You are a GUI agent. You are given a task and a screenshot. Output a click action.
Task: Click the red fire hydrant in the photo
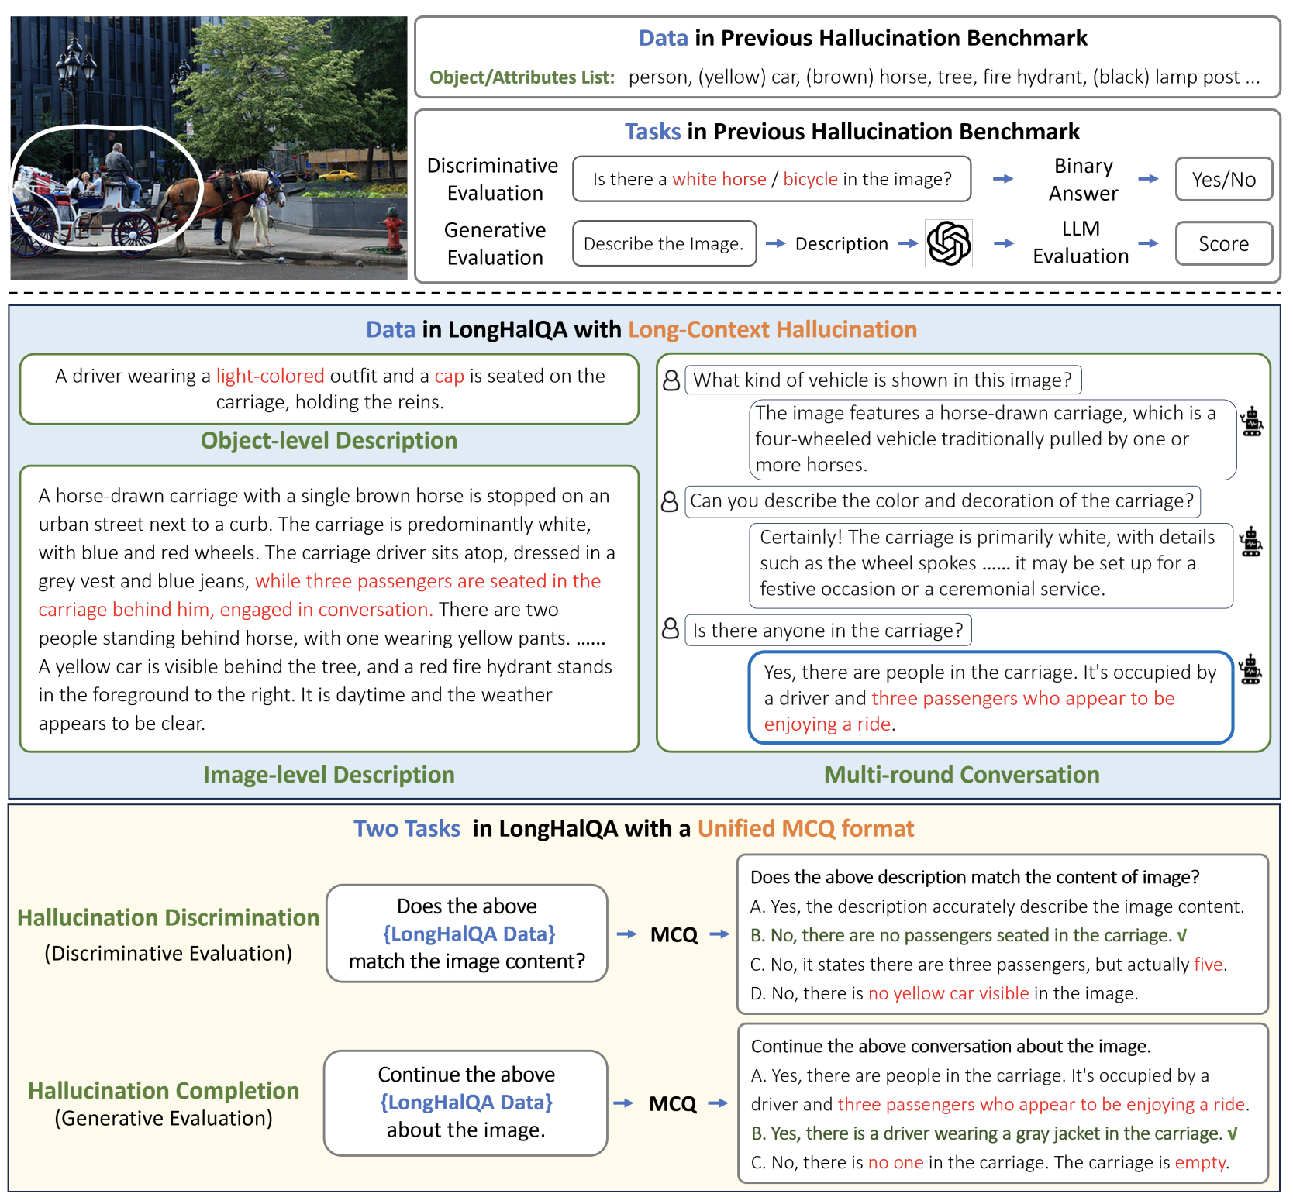[394, 230]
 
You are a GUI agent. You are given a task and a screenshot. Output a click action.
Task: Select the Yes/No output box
[1223, 180]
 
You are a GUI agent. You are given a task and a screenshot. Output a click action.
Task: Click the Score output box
[1223, 244]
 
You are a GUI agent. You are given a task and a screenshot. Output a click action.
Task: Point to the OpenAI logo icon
[948, 243]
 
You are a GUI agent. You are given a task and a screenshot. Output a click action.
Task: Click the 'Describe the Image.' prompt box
[664, 244]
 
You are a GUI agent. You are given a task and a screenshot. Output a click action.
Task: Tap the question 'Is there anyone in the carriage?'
[827, 631]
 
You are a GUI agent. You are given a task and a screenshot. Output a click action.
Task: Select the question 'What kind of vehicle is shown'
[882, 380]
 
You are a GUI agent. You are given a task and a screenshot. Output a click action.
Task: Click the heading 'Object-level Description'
[329, 441]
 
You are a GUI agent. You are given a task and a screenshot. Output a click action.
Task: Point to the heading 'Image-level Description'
[329, 775]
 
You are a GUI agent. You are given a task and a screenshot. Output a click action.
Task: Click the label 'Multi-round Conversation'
[961, 775]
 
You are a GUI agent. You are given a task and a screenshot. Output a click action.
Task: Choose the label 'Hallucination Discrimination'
[168, 918]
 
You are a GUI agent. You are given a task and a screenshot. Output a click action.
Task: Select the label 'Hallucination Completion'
[164, 1091]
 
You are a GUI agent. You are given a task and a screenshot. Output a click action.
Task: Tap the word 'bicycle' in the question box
[810, 180]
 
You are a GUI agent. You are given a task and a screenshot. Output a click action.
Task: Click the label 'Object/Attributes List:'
[522, 77]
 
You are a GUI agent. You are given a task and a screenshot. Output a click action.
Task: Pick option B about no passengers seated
[967, 936]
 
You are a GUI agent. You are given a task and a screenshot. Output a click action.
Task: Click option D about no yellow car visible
[943, 994]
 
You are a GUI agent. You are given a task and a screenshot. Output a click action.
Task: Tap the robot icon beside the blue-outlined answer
[1250, 670]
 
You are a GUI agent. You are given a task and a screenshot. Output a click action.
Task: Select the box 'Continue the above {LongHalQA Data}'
[466, 1103]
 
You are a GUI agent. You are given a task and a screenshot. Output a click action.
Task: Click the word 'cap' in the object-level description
[449, 377]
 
